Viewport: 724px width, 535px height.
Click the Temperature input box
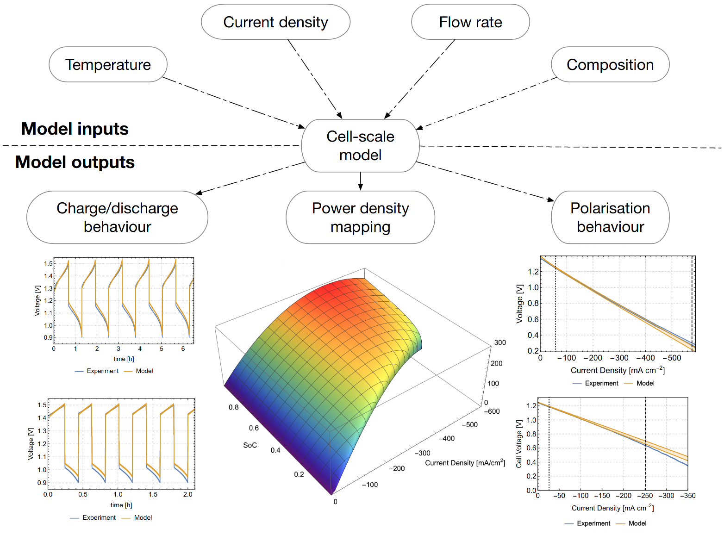pos(108,64)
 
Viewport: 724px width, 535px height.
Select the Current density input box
pos(275,22)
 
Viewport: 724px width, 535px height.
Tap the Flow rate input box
pos(470,22)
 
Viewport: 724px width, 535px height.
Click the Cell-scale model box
pos(360,146)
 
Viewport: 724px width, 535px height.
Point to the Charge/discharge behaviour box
pos(117,217)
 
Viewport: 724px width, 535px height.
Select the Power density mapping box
pos(360,217)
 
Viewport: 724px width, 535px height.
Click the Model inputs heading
pos(75,129)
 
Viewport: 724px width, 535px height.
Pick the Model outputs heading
pos(75,162)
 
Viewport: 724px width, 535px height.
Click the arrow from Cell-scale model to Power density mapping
pos(360,181)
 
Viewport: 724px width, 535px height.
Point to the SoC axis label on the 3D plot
pos(250,445)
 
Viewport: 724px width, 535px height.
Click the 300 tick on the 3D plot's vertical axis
pos(499,342)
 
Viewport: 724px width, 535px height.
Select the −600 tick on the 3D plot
pos(491,411)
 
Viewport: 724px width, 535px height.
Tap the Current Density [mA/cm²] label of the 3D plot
pos(464,462)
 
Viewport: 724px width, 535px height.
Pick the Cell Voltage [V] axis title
pos(518,444)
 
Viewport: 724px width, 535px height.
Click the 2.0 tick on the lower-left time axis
pos(187,494)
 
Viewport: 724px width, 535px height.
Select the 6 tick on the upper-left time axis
pos(183,348)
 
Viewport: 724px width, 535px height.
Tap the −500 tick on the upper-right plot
pos(671,358)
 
